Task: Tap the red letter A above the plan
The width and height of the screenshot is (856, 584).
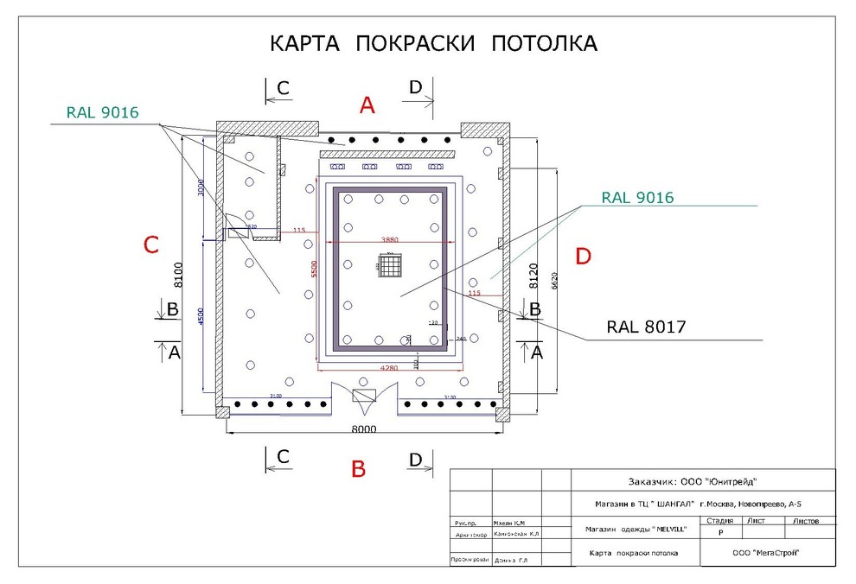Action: click(x=367, y=105)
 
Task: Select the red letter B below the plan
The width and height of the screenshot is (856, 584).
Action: click(x=359, y=469)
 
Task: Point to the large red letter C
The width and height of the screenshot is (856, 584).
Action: click(x=150, y=245)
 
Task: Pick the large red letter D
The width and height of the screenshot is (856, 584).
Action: click(x=584, y=257)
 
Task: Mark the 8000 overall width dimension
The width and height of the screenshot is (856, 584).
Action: click(x=363, y=429)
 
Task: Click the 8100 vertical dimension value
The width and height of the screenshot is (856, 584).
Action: click(x=179, y=274)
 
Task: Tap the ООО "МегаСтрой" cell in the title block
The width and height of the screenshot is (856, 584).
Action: click(x=764, y=553)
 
